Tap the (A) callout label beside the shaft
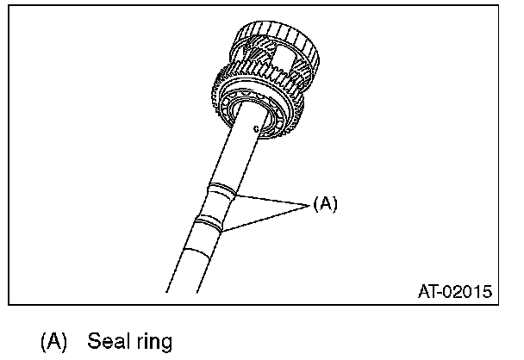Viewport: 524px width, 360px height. (x=325, y=204)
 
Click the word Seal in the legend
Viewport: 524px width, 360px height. (x=107, y=342)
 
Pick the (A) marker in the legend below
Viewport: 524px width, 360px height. (x=53, y=342)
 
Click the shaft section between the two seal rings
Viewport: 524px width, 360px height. (x=216, y=208)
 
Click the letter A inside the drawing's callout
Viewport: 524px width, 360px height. (x=325, y=204)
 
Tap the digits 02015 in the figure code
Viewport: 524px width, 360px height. (x=470, y=292)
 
